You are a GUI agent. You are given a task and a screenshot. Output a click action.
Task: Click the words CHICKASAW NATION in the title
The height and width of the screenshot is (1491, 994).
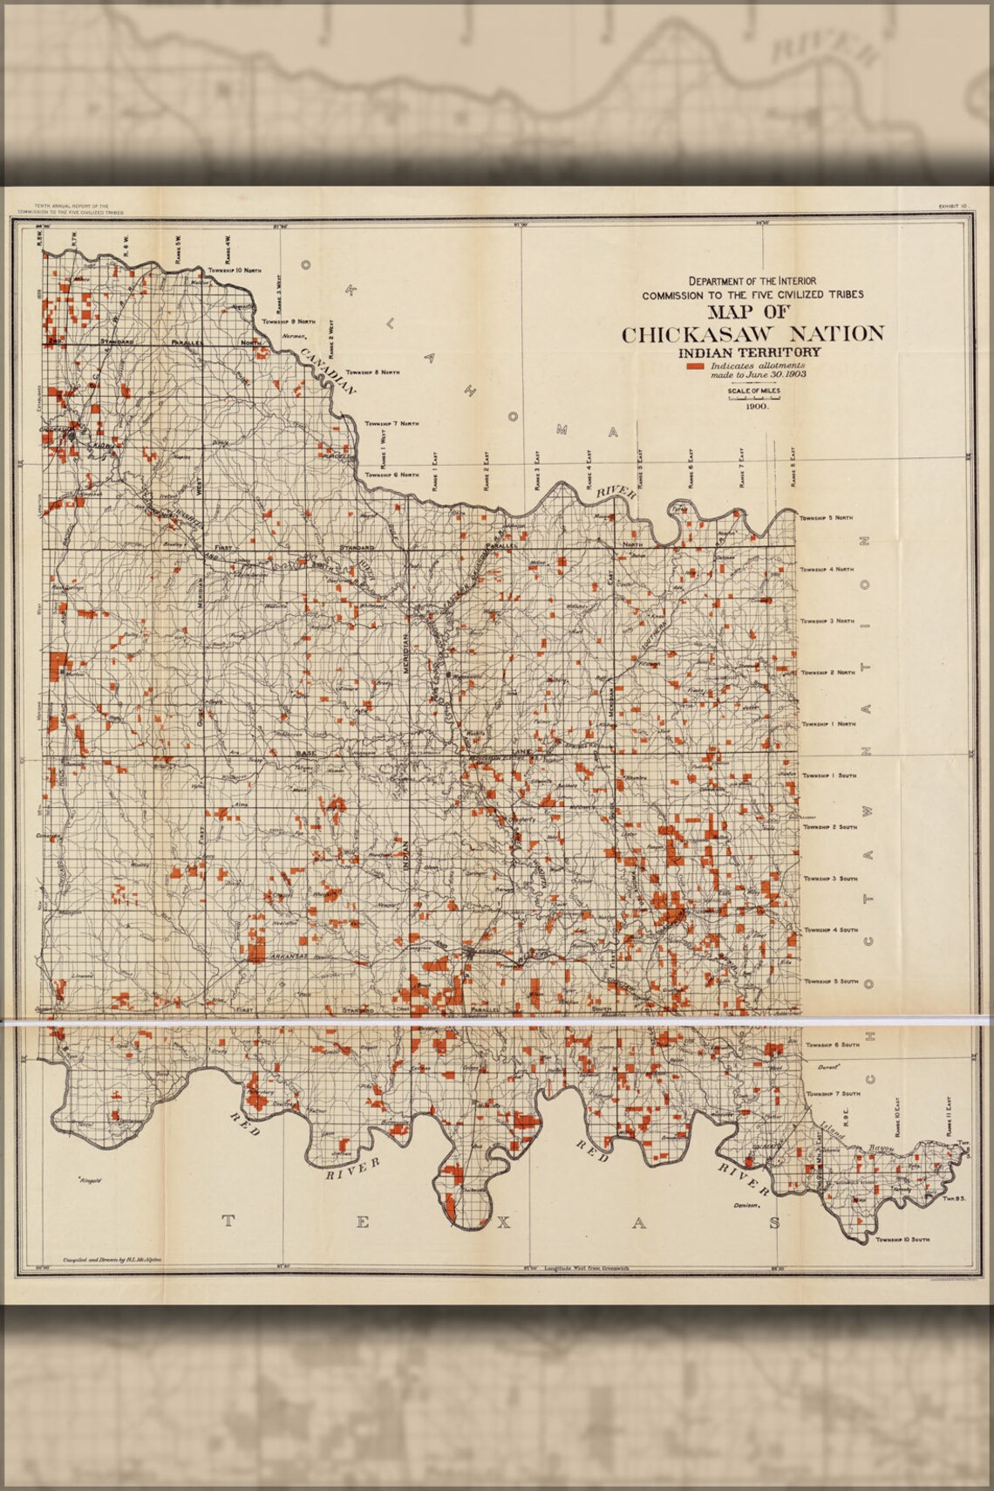point(752,334)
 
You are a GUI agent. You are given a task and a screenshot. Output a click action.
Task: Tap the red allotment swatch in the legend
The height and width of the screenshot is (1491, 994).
point(695,366)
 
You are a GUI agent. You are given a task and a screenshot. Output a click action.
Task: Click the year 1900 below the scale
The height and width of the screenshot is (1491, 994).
point(755,407)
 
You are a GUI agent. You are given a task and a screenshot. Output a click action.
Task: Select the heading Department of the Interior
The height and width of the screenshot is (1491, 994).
point(752,281)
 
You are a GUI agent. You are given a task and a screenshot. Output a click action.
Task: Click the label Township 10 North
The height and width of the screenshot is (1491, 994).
point(235,270)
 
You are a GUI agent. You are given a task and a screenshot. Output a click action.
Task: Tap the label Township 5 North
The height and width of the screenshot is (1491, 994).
point(827,518)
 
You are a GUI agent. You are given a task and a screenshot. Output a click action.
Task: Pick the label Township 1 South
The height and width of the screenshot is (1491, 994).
point(829,775)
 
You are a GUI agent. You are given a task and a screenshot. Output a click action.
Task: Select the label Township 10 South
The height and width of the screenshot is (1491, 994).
point(902,1239)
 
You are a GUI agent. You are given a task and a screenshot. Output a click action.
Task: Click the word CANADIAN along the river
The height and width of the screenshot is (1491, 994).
point(328,372)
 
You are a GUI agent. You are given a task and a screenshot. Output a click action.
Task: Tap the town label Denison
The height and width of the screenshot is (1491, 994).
point(748,1206)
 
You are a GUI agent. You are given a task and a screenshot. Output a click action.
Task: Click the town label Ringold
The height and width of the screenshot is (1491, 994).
point(90,1180)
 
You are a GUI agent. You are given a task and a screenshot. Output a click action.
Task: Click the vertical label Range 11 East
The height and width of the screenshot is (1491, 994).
point(949,1116)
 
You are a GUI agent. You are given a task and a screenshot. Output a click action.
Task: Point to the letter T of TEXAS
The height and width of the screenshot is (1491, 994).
point(228,1221)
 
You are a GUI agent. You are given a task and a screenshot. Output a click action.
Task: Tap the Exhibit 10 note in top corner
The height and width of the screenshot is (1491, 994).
point(952,206)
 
